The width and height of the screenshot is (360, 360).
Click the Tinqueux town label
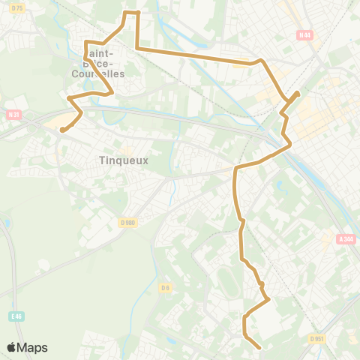pos(124,160)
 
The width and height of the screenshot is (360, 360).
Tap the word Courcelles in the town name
pos(98,73)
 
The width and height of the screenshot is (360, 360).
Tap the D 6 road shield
pos(165,287)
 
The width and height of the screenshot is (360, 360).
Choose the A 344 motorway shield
pos(346,239)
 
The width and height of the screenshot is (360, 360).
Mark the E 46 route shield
pos(16,316)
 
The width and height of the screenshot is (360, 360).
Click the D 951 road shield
pos(318,338)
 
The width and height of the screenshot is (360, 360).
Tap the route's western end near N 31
pos(61,130)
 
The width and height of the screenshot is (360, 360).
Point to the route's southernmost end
pos(259,348)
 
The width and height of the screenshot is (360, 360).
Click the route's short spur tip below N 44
pos(298,93)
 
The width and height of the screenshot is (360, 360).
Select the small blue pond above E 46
pos(7,223)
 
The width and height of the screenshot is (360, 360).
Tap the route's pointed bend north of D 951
pos(268,300)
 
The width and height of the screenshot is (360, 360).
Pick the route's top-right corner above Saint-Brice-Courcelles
pos(138,12)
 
